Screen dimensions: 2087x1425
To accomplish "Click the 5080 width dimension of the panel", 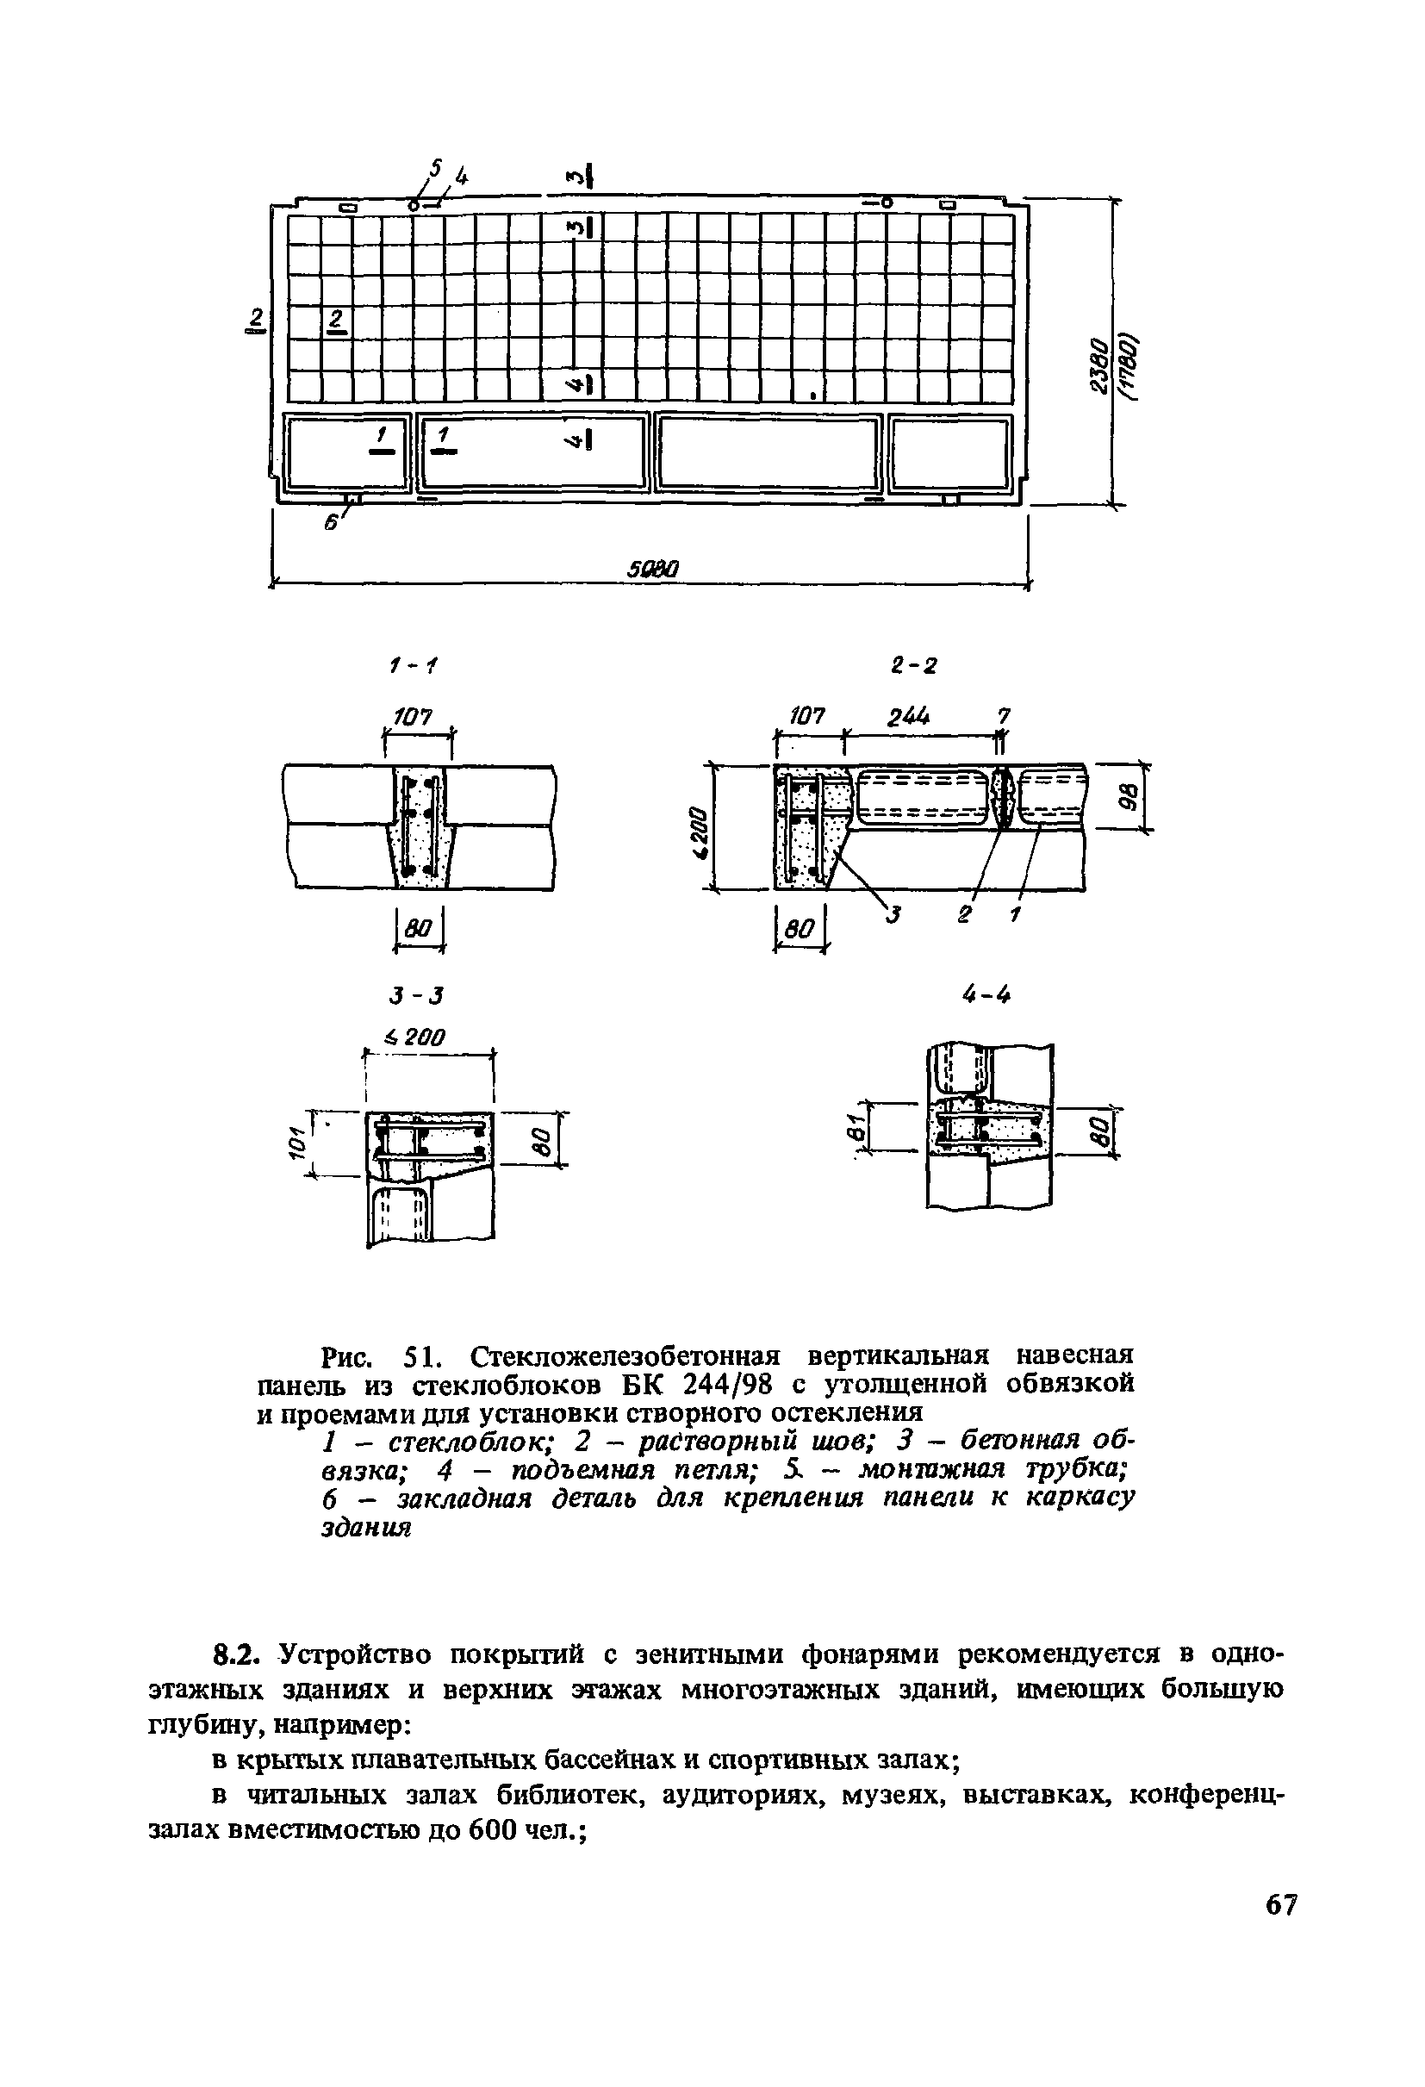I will [x=653, y=569].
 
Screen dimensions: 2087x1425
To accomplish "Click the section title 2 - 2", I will [x=913, y=665].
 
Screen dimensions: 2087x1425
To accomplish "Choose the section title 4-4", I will [x=986, y=994].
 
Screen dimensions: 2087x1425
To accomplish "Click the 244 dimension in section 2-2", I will [x=909, y=717].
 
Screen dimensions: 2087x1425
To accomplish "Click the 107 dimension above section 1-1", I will [x=410, y=717].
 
